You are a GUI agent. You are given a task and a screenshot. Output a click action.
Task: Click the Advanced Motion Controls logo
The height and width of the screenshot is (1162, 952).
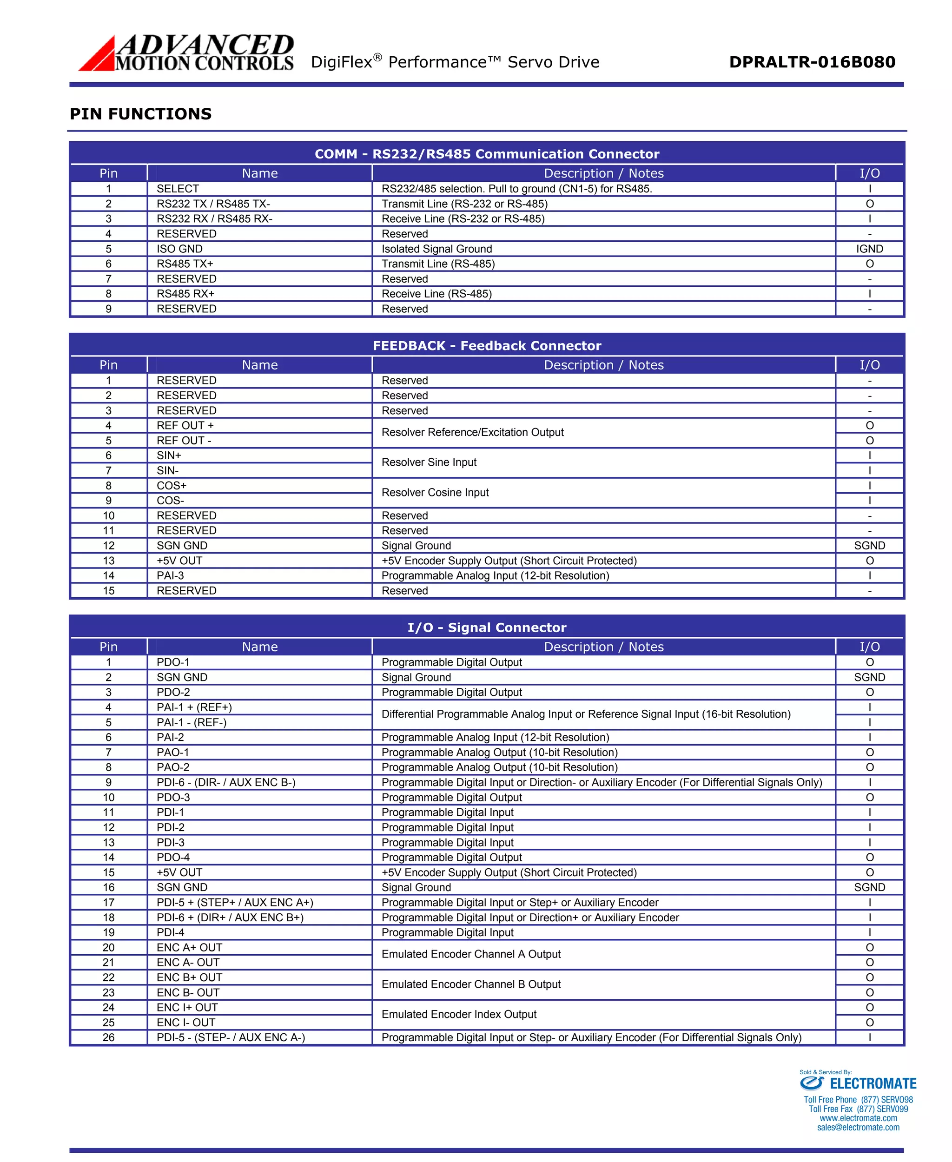186,53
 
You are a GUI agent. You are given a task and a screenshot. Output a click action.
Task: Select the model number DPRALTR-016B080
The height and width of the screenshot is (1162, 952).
812,62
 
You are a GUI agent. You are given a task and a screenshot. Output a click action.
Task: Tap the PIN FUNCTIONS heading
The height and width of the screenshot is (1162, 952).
140,114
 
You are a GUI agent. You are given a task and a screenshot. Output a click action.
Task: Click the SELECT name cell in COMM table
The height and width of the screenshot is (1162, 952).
178,189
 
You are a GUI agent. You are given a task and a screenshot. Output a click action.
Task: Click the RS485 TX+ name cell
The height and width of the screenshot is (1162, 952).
185,264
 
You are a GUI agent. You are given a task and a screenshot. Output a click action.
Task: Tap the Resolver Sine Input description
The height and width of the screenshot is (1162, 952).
429,462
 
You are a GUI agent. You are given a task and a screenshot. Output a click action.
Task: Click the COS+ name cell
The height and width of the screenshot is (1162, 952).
172,486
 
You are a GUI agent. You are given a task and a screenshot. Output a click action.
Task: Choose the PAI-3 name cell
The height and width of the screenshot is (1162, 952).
170,576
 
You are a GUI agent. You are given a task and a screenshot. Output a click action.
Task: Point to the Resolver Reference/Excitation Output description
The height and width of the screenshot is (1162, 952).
472,432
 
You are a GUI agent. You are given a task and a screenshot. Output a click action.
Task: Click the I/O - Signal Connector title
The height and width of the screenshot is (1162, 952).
486,627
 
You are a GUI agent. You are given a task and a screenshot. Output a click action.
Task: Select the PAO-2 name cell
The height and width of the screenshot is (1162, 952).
173,767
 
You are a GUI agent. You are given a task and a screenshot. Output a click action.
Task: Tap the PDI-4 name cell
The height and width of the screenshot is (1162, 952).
170,932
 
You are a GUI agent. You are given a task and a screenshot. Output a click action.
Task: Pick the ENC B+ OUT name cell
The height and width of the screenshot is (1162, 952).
189,977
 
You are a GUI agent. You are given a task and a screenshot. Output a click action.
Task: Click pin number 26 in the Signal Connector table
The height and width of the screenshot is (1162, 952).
109,1037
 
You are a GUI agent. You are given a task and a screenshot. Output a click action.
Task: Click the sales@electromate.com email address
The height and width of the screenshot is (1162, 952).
858,1128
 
